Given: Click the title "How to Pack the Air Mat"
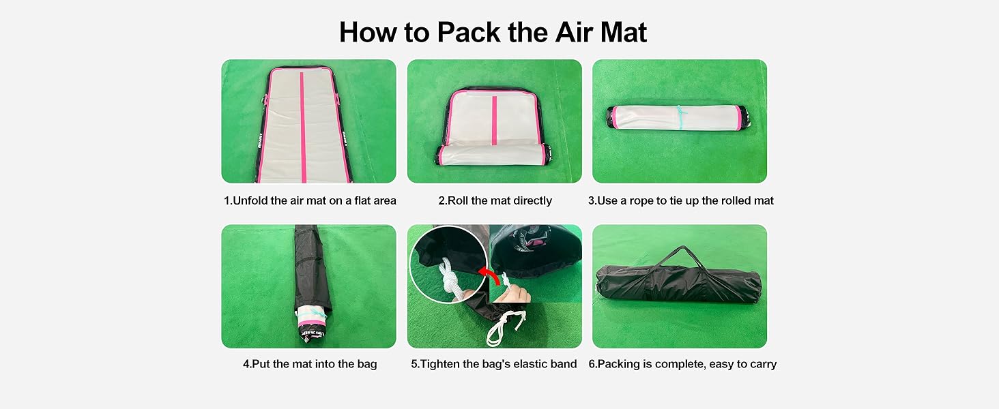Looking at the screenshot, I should tap(493, 32).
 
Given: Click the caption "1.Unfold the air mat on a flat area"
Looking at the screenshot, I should tap(310, 200).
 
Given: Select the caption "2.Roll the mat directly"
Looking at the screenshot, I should tap(495, 200).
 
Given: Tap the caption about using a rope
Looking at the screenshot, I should tap(680, 200).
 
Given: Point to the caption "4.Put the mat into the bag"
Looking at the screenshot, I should tap(310, 364).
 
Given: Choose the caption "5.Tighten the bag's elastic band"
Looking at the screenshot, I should tap(494, 364).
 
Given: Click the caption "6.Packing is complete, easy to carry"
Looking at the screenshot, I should tap(682, 364).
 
